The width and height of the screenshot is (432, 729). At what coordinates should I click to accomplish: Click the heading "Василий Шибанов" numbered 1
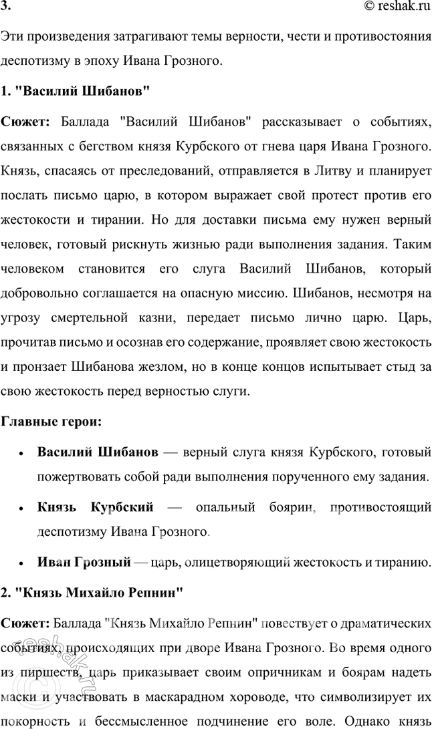81,89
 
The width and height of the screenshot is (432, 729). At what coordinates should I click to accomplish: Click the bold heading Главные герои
51,422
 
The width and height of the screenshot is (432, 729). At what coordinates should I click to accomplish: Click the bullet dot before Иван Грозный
22,563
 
